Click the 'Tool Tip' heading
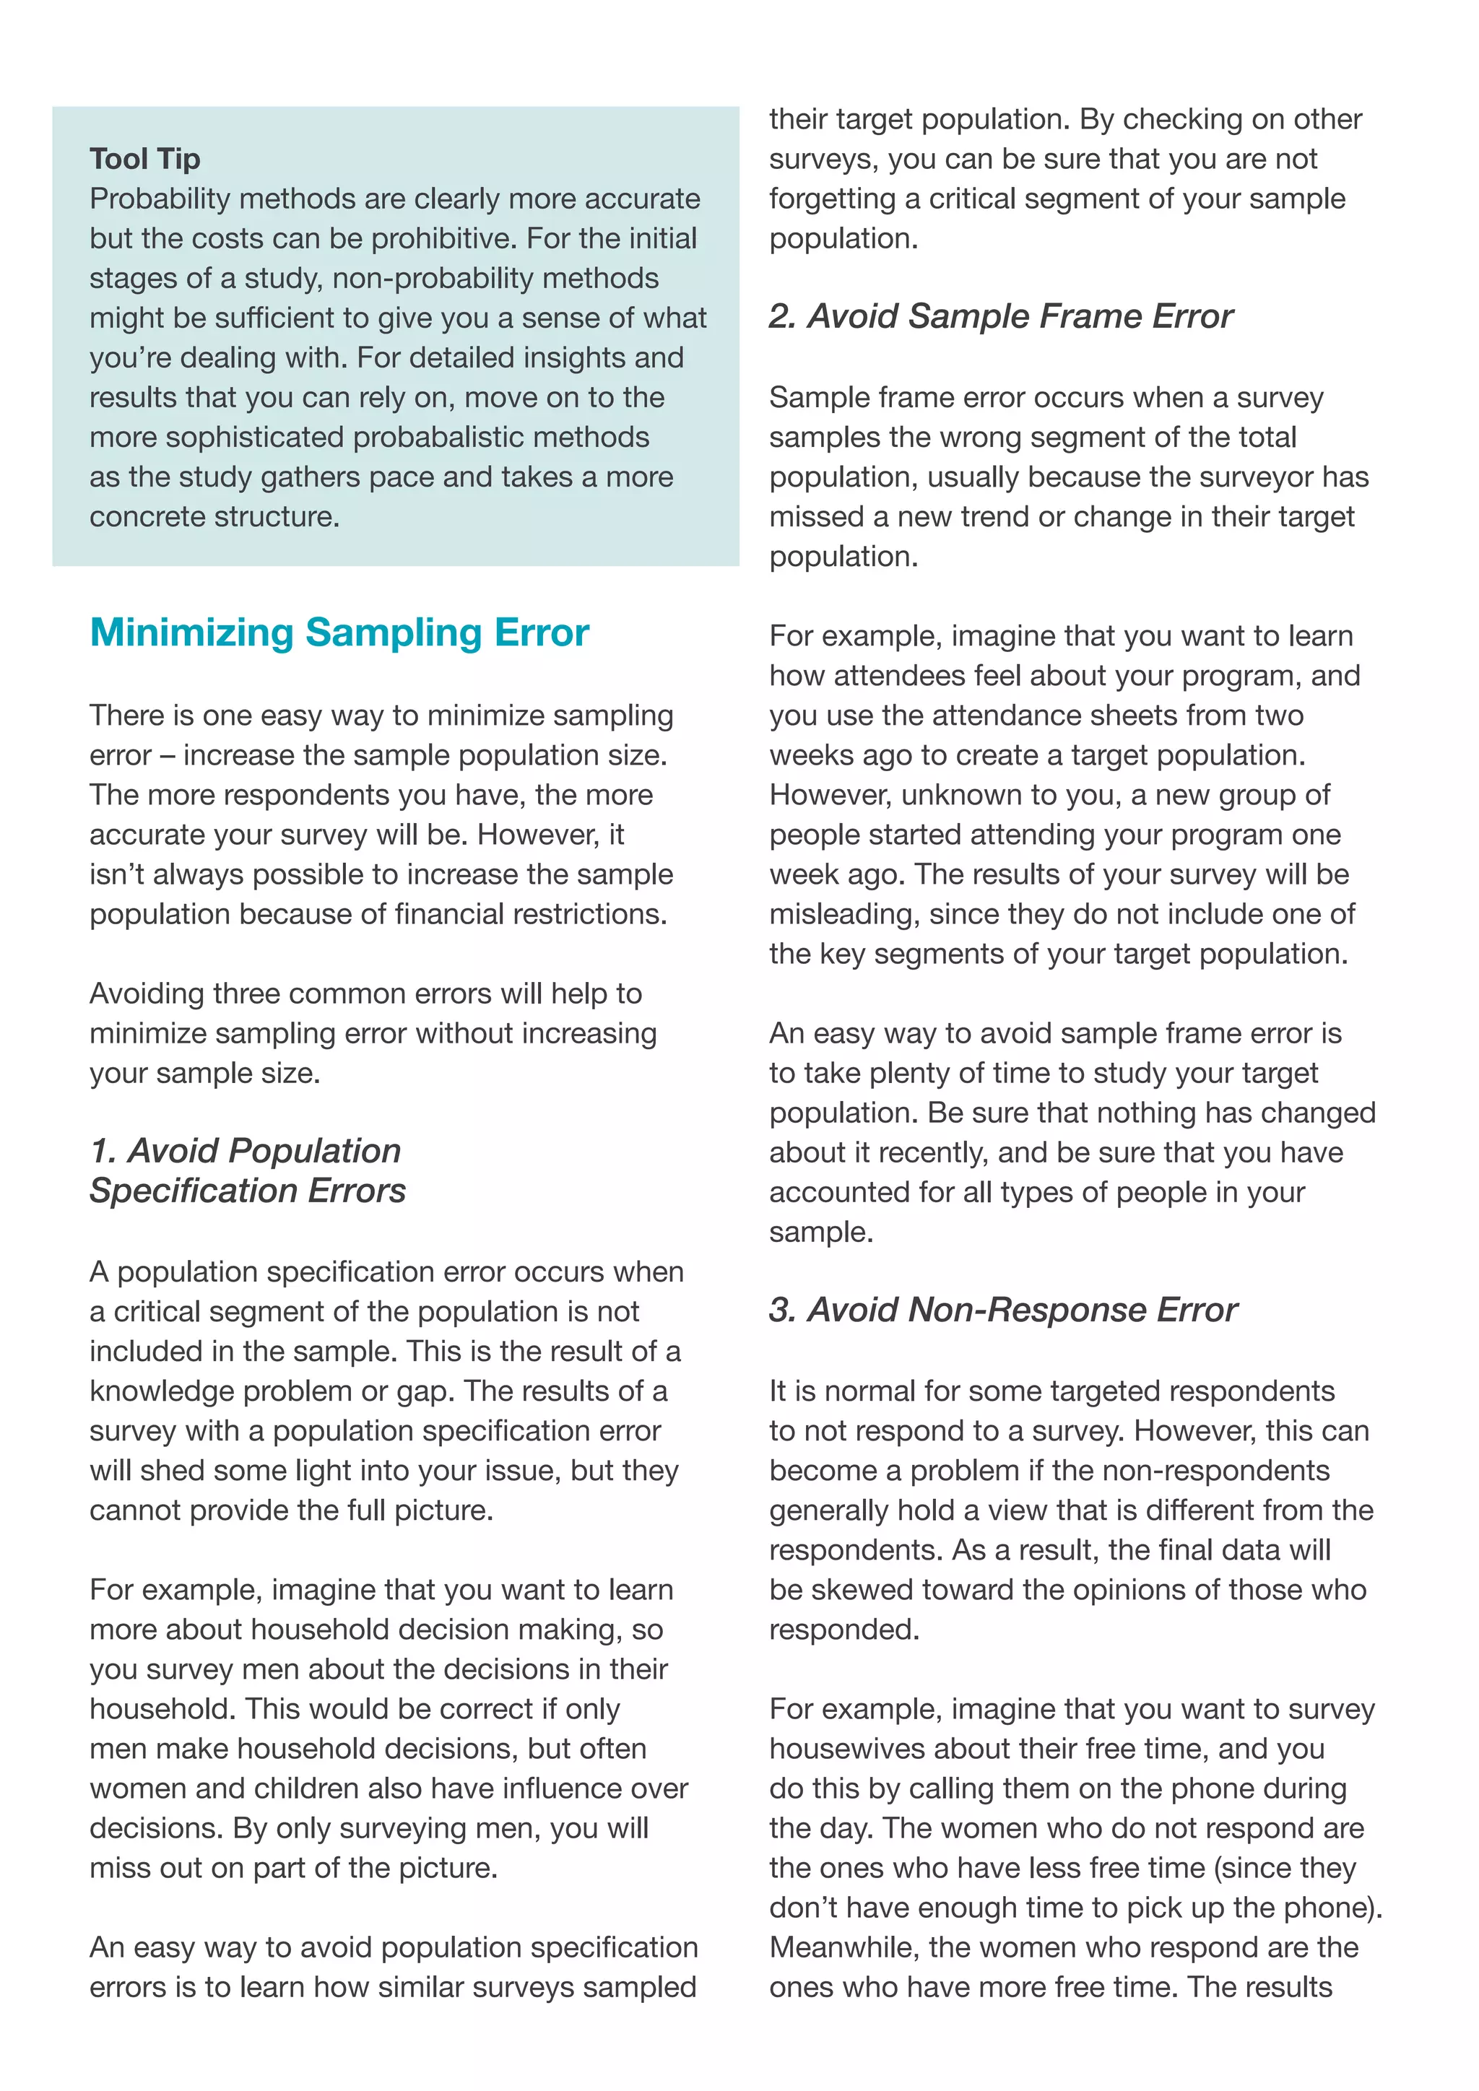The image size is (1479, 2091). [145, 158]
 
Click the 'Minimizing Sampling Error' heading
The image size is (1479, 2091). [339, 632]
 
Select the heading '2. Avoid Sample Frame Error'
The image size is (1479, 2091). [1000, 316]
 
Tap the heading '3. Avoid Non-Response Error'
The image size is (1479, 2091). [1002, 1310]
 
